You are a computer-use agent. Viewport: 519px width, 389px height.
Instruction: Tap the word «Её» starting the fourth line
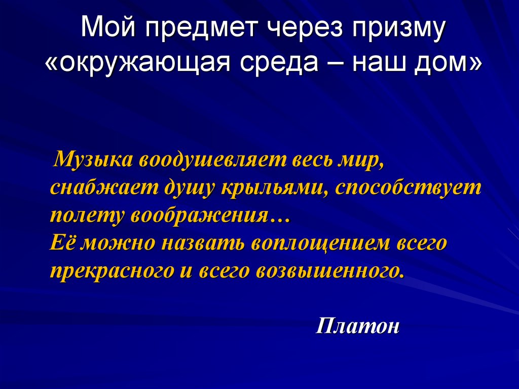click(x=63, y=243)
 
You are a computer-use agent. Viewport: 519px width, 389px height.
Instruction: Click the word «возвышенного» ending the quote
click(x=330, y=271)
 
